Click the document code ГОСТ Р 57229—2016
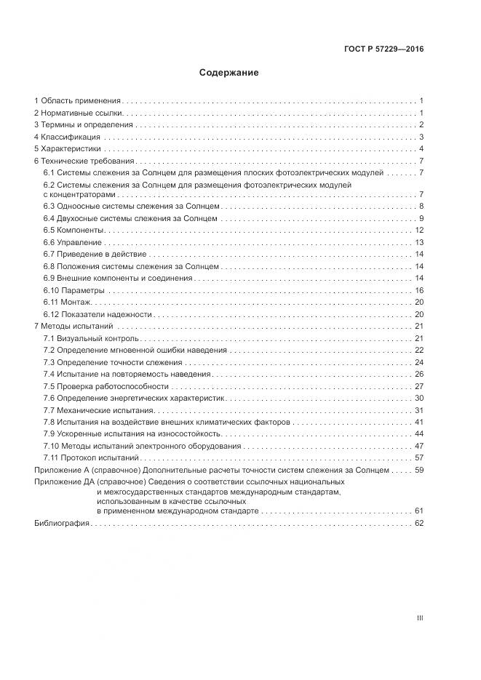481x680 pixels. [x=383, y=49]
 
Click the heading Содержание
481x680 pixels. [x=228, y=73]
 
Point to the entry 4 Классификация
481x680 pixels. [x=68, y=137]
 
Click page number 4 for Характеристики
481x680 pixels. [x=421, y=148]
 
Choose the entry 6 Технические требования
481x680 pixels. [x=84, y=161]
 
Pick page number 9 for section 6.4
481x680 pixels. [x=421, y=218]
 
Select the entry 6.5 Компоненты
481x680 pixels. [x=73, y=230]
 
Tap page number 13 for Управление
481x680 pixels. [x=419, y=242]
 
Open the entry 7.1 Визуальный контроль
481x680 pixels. [x=90, y=339]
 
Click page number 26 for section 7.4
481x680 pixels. [x=419, y=374]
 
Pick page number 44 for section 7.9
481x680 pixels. [x=419, y=433]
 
